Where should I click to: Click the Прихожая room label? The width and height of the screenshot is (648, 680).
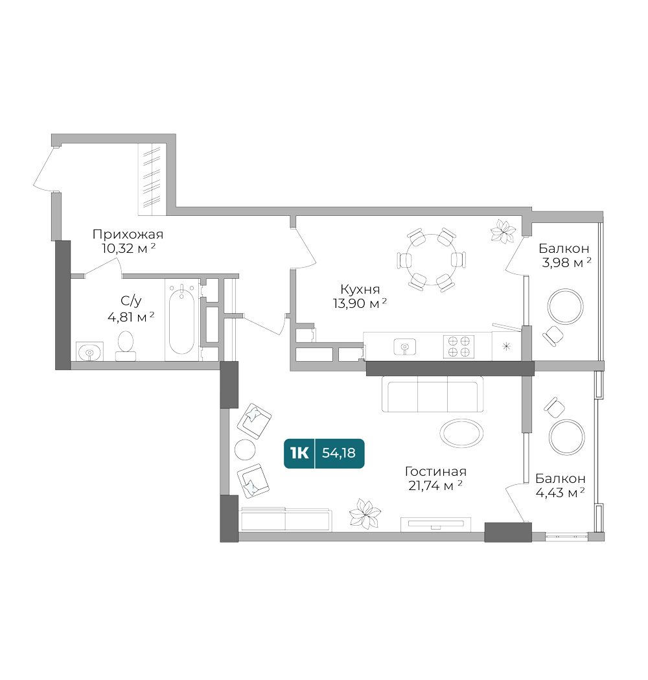click(x=128, y=235)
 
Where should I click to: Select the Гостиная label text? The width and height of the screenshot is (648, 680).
click(x=435, y=472)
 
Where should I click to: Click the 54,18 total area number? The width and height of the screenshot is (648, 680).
click(x=339, y=453)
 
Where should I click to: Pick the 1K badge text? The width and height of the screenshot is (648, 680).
click(x=299, y=453)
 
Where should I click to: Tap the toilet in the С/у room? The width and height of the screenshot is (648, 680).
click(x=125, y=344)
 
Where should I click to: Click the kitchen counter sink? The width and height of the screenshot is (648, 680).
click(x=405, y=346)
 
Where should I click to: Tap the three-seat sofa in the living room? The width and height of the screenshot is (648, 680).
click(x=432, y=395)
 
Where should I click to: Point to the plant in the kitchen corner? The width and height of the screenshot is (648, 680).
click(x=502, y=230)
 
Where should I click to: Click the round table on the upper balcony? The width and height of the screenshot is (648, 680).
click(x=565, y=306)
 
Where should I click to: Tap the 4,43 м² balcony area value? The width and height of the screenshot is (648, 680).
click(x=560, y=493)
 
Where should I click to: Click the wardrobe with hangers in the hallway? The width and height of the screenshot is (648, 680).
click(x=153, y=178)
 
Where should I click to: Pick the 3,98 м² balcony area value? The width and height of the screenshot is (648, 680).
click(x=566, y=263)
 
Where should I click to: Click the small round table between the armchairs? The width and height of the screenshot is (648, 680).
click(x=244, y=449)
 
